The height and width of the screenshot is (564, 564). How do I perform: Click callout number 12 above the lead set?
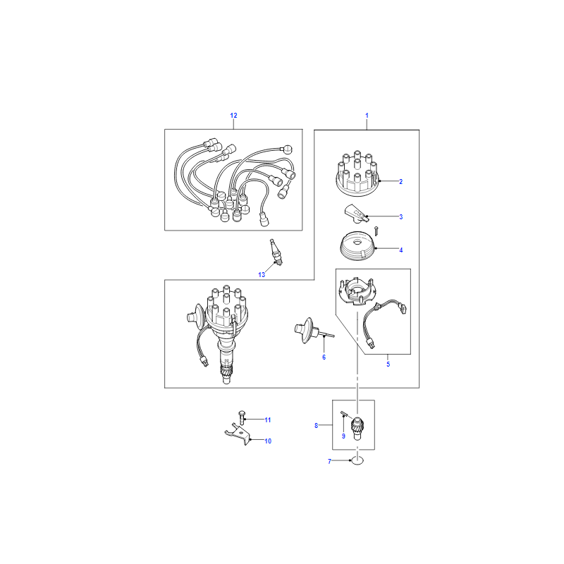[233, 116]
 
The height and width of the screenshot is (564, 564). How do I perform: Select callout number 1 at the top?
[367, 116]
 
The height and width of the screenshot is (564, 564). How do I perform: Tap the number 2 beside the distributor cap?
[400, 182]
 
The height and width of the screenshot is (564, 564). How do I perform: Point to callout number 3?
[400, 217]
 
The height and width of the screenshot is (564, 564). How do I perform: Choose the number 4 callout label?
[400, 250]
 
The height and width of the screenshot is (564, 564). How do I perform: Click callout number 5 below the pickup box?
[388, 364]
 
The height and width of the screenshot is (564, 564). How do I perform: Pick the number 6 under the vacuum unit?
[324, 357]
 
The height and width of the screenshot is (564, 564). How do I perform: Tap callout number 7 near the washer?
[329, 462]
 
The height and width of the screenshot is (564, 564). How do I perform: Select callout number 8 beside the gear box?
[316, 426]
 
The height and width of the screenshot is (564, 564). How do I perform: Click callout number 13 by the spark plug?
[262, 275]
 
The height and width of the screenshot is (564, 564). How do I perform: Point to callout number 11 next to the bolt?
[268, 420]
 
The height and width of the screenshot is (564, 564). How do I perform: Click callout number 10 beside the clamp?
[268, 441]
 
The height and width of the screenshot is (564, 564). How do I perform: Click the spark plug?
[276, 252]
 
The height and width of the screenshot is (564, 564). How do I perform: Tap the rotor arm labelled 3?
[356, 214]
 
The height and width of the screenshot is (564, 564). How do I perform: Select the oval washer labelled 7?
[357, 460]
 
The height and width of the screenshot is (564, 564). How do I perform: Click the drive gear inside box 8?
[357, 428]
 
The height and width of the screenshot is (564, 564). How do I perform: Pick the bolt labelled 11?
[242, 418]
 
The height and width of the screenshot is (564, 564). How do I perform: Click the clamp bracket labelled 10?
[238, 434]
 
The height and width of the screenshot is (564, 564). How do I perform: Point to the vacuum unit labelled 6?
[309, 330]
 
